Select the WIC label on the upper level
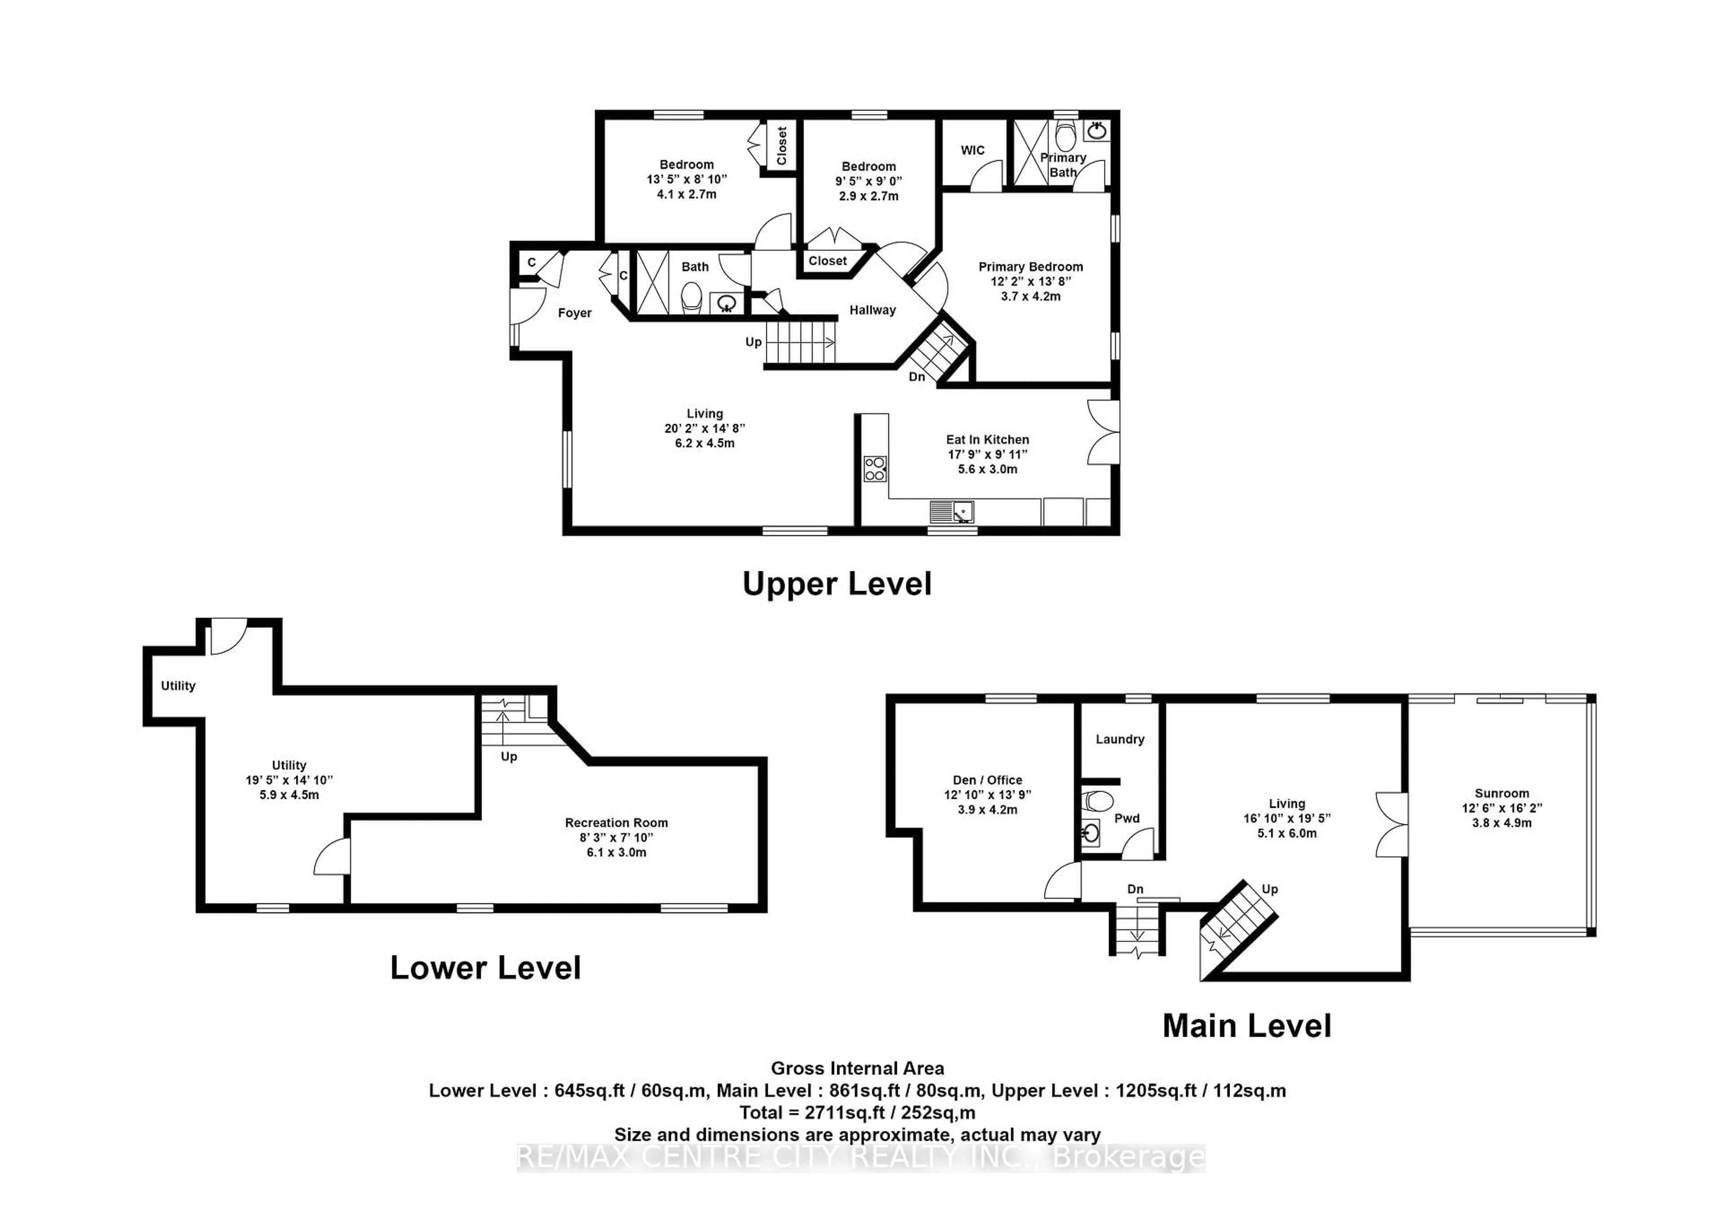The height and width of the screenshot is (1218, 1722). click(973, 150)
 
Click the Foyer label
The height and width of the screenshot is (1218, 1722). click(574, 313)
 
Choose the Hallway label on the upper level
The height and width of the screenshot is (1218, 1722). click(872, 310)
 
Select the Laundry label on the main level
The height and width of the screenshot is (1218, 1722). click(1120, 739)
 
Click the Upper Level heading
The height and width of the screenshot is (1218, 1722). click(837, 584)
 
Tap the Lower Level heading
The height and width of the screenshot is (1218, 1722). click(485, 968)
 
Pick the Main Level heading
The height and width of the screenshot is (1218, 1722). click(1247, 1026)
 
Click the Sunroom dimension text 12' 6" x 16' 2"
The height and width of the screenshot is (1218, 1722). click(1501, 808)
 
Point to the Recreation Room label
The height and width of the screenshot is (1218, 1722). click(617, 823)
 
